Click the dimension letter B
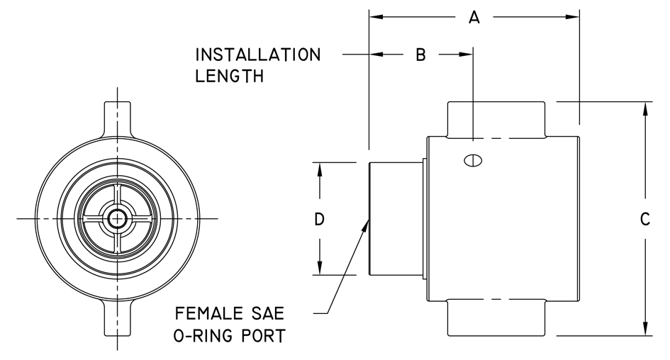pos(420,55)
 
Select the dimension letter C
pos(645,220)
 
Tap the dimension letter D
pos(320,220)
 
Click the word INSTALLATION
pos(257,55)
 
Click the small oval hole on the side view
pos(473,160)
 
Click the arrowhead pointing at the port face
pos(366,225)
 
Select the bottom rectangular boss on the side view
pos(496,320)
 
